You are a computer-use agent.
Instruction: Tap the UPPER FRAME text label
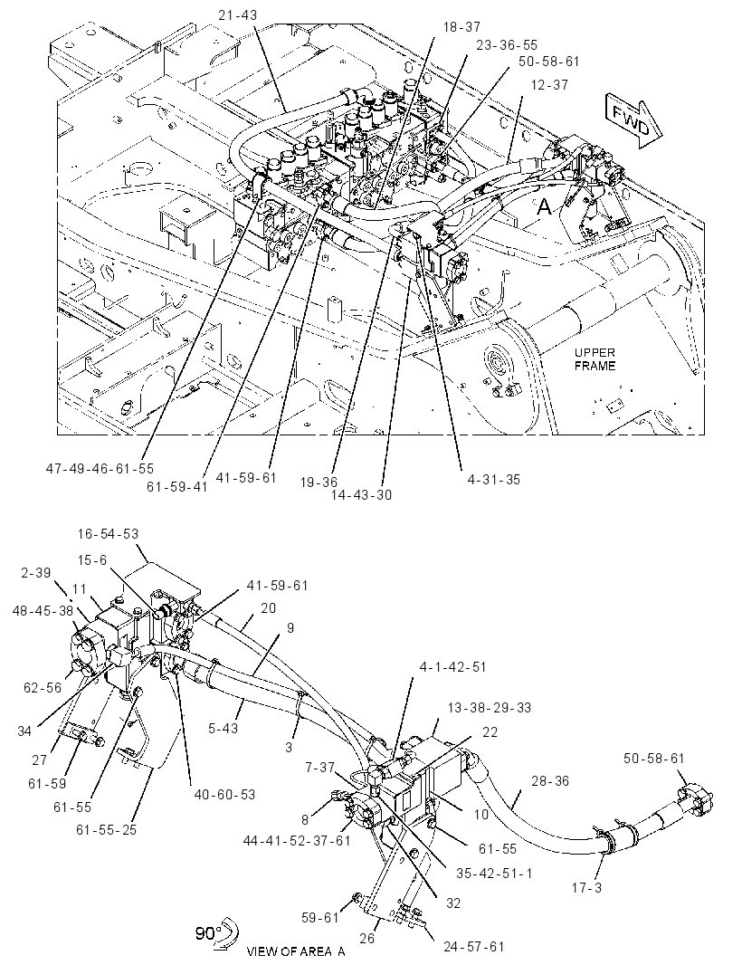click(595, 359)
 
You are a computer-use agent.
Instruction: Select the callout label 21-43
click(237, 15)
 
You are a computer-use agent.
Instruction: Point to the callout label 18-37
click(461, 27)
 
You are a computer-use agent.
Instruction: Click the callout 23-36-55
click(507, 45)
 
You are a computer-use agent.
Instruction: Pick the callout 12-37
click(549, 84)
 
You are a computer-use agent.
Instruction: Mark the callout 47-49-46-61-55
click(100, 469)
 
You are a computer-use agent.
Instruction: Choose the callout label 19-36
click(319, 482)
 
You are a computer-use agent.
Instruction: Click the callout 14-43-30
click(361, 494)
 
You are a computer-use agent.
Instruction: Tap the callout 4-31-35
click(493, 479)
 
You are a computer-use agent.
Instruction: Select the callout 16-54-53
click(108, 533)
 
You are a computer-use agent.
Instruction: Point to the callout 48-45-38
click(43, 610)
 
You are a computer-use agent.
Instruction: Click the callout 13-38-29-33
click(490, 708)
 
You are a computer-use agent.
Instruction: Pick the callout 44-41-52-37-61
click(297, 840)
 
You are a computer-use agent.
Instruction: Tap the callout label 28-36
click(549, 781)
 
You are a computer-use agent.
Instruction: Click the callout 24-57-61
click(473, 946)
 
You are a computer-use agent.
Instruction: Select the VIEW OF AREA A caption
click(296, 951)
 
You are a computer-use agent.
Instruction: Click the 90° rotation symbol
click(216, 933)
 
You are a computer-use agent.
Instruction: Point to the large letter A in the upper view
click(545, 207)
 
